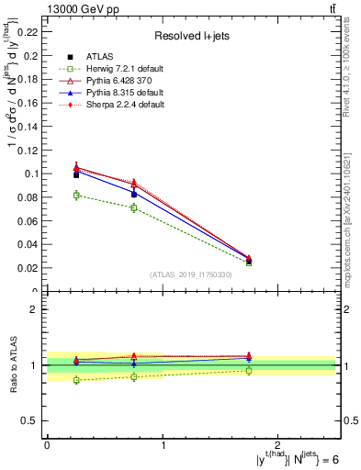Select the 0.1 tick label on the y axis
31,173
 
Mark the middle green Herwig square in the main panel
134,207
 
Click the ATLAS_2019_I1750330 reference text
191,274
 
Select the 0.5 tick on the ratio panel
31,420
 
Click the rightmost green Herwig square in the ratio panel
249,370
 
